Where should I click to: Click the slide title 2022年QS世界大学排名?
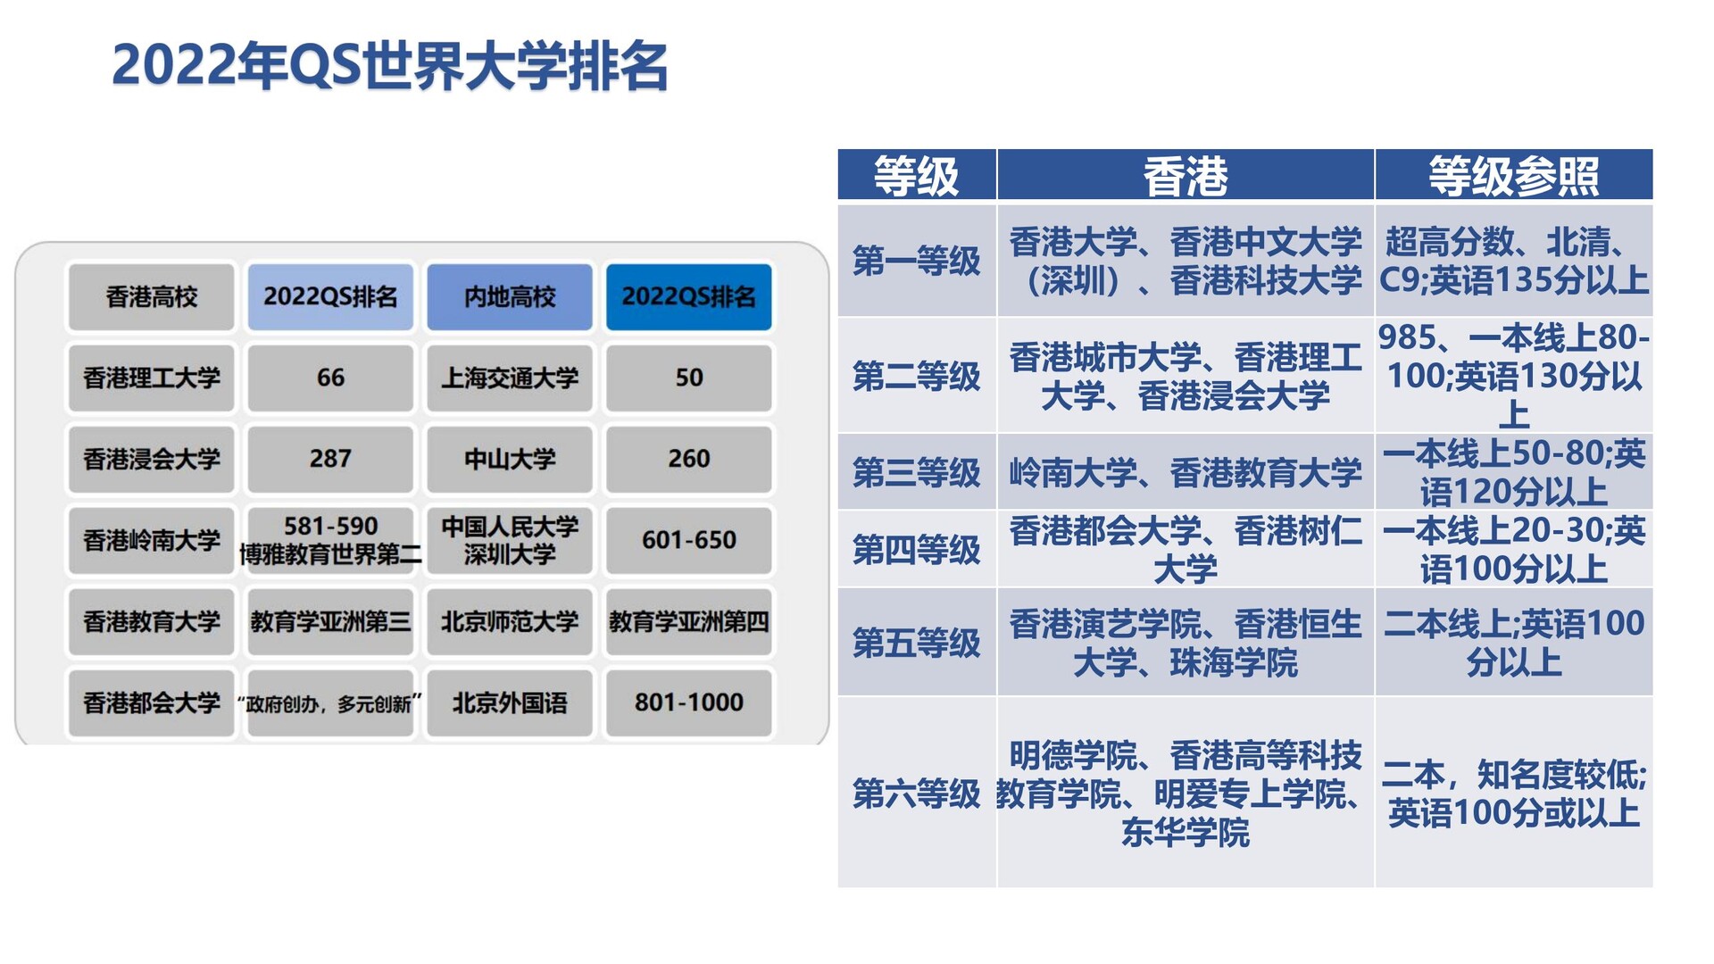coord(390,66)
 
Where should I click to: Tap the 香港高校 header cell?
coord(152,297)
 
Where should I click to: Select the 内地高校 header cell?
coord(510,297)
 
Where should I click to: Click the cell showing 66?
coord(330,378)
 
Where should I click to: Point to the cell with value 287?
coord(330,459)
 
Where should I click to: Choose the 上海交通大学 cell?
coord(510,378)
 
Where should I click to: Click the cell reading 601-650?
coord(689,540)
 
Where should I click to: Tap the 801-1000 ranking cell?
coord(689,702)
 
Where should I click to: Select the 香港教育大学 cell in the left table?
coord(152,621)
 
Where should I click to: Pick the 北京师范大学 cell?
coord(510,621)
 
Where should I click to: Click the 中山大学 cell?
coord(510,459)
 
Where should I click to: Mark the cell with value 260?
coord(689,459)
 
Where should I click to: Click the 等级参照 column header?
coord(1514,175)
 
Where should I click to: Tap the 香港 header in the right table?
coord(1186,175)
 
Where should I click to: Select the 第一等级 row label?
coord(917,261)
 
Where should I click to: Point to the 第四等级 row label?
coord(917,550)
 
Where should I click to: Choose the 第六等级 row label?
coord(917,793)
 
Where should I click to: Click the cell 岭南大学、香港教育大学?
coord(1186,472)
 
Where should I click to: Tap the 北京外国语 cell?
coord(510,702)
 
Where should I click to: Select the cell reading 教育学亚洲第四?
coord(689,621)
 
